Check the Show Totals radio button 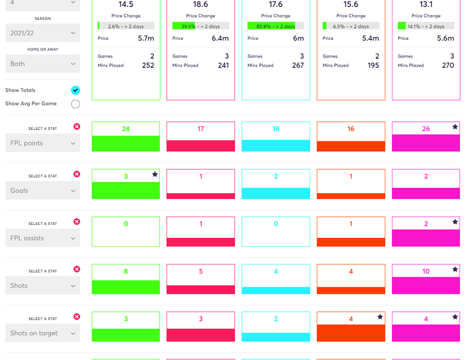click(x=75, y=90)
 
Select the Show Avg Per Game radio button click(x=75, y=104)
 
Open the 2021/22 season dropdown click(x=42, y=33)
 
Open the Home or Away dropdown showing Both click(x=42, y=63)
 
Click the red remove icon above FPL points click(x=76, y=127)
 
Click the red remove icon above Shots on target click(x=76, y=317)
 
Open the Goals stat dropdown click(x=42, y=191)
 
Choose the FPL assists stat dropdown click(x=42, y=238)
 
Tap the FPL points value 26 click(x=426, y=129)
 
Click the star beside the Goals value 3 click(x=155, y=174)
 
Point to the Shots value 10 click(x=426, y=271)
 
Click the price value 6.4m click(x=220, y=38)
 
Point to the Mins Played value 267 click(x=298, y=65)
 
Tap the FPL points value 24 click(x=126, y=129)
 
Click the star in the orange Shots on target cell click(x=380, y=317)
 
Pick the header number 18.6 click(x=200, y=4)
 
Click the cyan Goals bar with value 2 click(x=276, y=193)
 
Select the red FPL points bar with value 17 click(x=200, y=146)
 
